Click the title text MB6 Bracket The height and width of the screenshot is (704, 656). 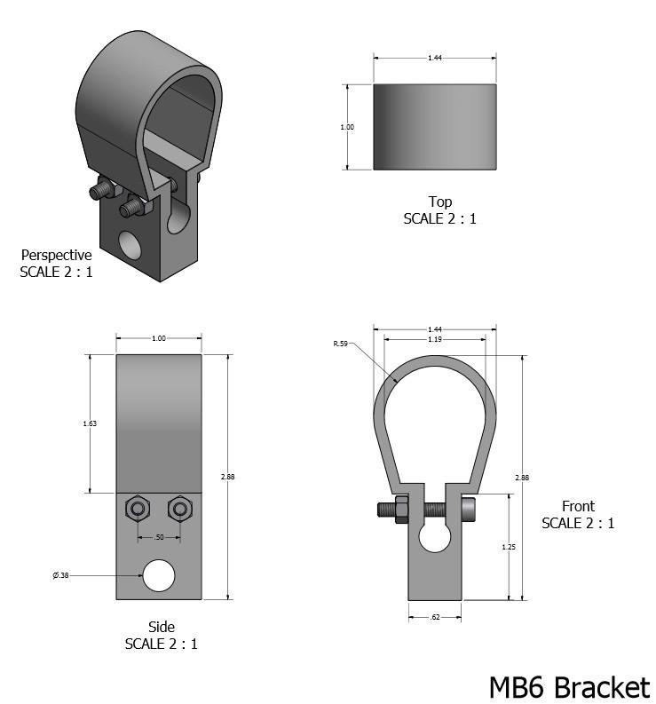569,686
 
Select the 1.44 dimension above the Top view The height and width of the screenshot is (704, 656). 435,58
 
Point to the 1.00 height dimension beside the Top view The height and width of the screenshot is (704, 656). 347,127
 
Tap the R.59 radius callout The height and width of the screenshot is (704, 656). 340,344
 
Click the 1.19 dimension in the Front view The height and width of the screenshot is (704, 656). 435,339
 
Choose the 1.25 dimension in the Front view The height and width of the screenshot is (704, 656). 509,547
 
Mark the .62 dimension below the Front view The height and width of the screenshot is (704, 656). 435,616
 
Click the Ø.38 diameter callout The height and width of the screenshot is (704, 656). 60,575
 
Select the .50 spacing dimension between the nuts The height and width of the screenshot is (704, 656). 160,537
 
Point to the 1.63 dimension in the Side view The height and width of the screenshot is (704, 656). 90,423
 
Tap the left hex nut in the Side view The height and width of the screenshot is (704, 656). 138,509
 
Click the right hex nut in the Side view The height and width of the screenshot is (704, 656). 181,509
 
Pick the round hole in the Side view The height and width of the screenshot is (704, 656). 160,575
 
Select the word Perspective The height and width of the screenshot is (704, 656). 56,255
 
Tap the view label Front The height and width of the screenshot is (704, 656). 578,506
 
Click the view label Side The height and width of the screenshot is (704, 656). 161,627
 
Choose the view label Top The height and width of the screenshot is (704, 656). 439,202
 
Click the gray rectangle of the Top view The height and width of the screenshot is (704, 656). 435,127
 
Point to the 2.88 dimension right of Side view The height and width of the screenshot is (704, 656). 227,477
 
